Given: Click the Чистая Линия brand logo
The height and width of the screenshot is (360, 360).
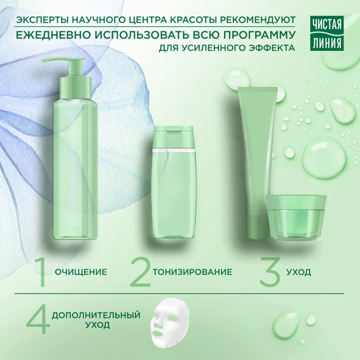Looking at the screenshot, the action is click(327, 33).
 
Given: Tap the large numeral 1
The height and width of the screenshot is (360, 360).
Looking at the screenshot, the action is click(41, 272).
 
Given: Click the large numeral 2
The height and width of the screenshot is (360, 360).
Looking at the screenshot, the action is click(141, 272).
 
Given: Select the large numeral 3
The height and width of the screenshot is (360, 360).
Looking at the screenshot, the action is click(270, 272).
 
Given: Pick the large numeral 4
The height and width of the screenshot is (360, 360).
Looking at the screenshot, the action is click(38, 320).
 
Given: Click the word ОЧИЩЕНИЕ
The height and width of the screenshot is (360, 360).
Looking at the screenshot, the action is click(81, 272).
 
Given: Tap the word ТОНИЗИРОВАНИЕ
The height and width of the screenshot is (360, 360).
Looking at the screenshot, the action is click(192, 272).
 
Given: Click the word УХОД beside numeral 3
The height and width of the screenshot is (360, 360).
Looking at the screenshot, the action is click(298, 272).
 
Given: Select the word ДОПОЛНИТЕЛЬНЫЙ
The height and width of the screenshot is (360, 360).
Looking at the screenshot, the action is click(96, 315).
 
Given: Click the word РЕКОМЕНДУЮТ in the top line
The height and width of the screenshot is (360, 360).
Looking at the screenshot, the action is click(258, 20).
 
